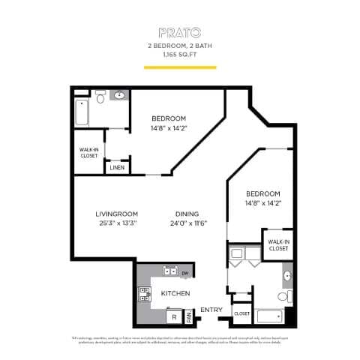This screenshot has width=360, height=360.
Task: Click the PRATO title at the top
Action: tap(179, 32)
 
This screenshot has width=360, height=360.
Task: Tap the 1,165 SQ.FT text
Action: tap(179, 55)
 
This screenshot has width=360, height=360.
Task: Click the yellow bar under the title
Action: tap(179, 67)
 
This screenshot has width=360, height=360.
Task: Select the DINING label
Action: tap(187, 212)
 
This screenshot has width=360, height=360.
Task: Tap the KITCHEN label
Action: tap(175, 293)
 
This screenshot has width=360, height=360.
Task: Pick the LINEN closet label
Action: tap(117, 167)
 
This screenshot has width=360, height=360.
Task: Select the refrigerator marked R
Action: tap(174, 316)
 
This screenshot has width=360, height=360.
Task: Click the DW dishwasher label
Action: tap(184, 272)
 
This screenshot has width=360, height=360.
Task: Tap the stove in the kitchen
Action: tap(145, 293)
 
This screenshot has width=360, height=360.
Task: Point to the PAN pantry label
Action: tap(190, 317)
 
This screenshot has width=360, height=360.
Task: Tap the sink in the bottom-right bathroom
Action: tap(286, 276)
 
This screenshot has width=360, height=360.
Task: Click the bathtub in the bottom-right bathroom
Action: tap(268, 316)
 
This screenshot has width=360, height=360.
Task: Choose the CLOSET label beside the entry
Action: tap(241, 313)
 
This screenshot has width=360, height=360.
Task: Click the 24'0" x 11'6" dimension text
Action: tap(187, 223)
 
